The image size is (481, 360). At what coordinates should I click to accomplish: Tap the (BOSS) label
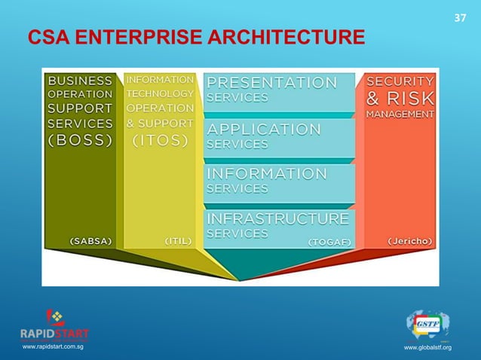click(x=81, y=139)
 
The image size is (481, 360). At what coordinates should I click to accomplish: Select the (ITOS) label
click(x=160, y=140)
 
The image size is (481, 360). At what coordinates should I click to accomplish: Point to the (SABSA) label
click(x=90, y=242)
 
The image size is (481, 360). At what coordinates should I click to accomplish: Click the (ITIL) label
click(x=179, y=241)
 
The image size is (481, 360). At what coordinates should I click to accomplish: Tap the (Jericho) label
click(x=410, y=242)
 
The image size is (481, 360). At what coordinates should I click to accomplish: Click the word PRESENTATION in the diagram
click(x=272, y=81)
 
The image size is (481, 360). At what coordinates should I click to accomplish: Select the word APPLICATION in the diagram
click(x=264, y=128)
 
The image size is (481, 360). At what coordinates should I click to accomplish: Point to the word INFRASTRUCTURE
click(x=277, y=218)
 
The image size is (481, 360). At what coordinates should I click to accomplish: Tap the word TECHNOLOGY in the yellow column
click(x=160, y=93)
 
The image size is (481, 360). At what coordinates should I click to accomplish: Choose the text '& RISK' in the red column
click(x=400, y=98)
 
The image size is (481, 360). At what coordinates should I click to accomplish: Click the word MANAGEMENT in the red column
click(x=400, y=114)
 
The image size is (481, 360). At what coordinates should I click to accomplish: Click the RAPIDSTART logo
click(x=54, y=325)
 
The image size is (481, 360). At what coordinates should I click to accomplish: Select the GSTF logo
click(x=427, y=324)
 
